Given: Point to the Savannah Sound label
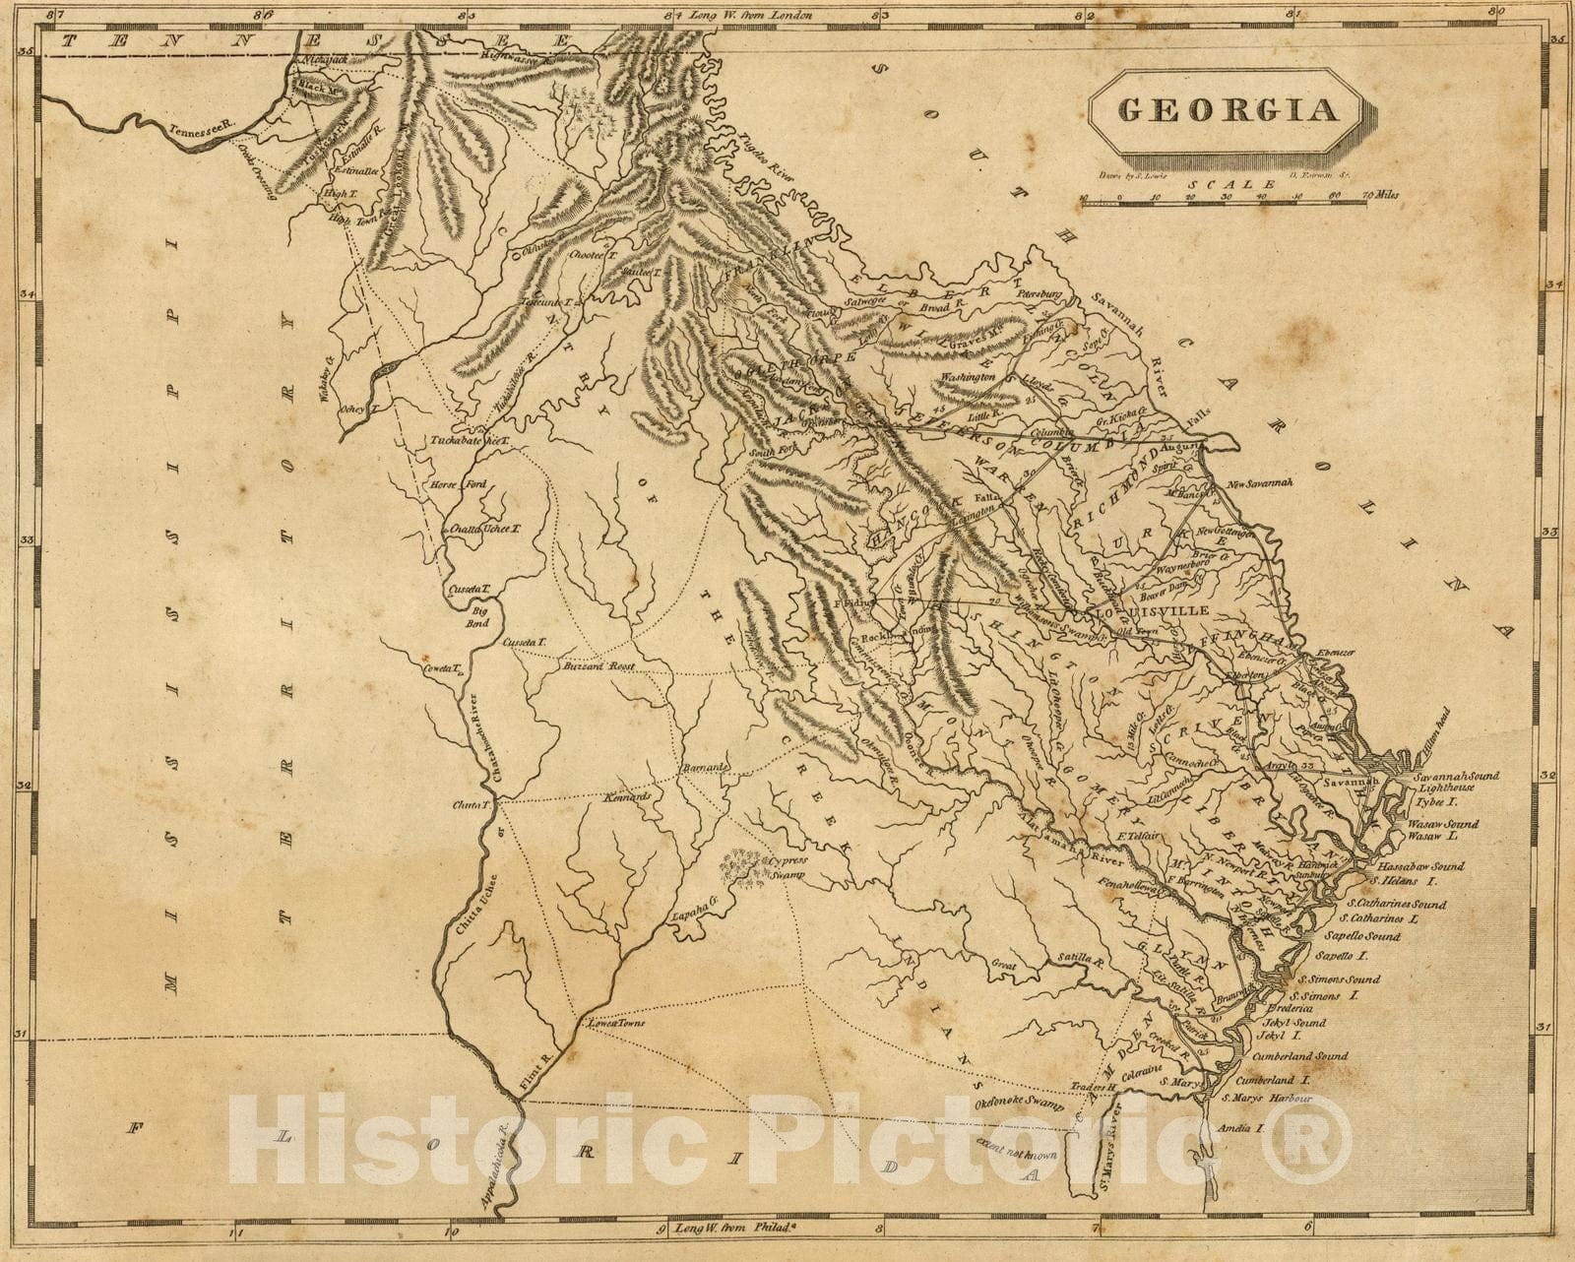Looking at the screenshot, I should [x=1456, y=776].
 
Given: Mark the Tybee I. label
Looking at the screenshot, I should [x=1433, y=802].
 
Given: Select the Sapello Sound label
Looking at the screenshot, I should [x=1366, y=935].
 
